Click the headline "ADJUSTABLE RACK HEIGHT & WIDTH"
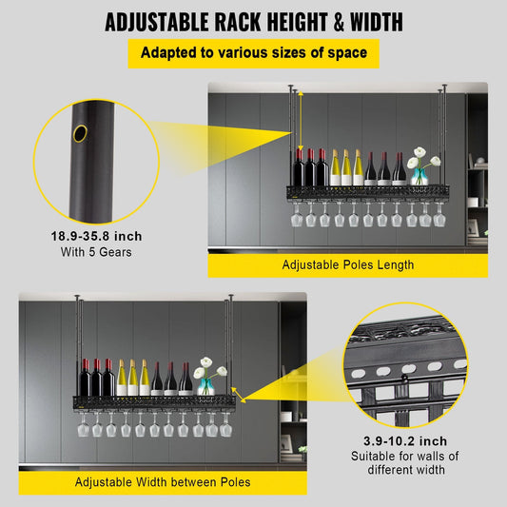[253, 21]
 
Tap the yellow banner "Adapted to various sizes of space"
[253, 52]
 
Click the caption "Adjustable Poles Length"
[347, 264]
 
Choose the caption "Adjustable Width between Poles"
[163, 481]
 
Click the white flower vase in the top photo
[421, 166]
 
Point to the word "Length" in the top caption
[394, 264]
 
